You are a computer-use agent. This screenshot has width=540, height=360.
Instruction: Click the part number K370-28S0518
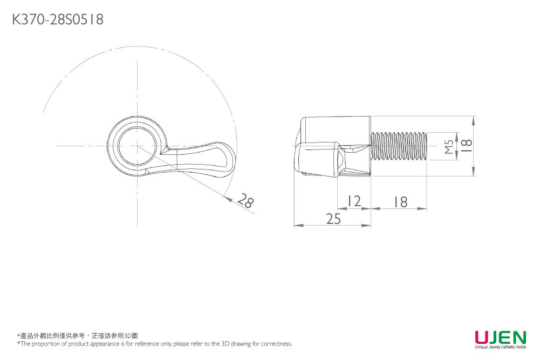(57, 20)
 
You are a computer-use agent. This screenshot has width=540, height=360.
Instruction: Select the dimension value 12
(353, 201)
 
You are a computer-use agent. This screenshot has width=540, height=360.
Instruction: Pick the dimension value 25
(333, 218)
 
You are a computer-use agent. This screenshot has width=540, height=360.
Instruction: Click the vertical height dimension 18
(467, 145)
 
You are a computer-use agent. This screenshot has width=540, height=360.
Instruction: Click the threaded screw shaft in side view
(399, 146)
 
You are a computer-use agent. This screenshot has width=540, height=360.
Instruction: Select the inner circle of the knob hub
(137, 146)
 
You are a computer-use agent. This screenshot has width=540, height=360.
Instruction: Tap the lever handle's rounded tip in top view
(231, 158)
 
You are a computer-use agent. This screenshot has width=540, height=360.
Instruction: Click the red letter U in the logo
(481, 337)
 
